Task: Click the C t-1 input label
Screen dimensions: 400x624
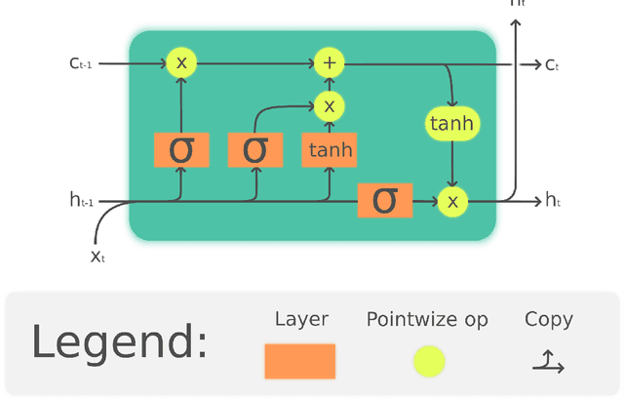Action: click(x=80, y=63)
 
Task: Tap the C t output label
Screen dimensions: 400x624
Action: click(x=552, y=64)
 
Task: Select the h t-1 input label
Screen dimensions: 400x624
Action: click(x=81, y=201)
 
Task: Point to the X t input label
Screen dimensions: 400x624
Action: click(x=97, y=256)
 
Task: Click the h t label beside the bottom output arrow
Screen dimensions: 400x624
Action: click(x=553, y=201)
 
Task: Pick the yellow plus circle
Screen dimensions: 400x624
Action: click(x=330, y=63)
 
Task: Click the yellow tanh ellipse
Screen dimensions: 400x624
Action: click(x=451, y=123)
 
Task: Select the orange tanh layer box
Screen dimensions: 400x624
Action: click(x=329, y=150)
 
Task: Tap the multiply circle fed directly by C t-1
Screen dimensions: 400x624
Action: click(x=181, y=63)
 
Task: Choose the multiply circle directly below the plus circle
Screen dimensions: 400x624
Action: click(x=330, y=105)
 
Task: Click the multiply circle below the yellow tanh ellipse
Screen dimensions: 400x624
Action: click(x=451, y=201)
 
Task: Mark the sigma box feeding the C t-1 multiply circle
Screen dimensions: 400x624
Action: click(x=181, y=149)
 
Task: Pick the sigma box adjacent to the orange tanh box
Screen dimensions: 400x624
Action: click(x=254, y=149)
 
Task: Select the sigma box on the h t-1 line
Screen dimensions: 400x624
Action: click(x=385, y=200)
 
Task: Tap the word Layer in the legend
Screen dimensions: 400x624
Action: click(x=301, y=319)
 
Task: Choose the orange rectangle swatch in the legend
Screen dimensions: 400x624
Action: click(x=300, y=361)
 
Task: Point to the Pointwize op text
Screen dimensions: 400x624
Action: click(x=427, y=319)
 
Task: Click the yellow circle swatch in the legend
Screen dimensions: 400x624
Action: click(x=428, y=361)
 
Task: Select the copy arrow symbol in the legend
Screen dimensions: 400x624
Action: click(x=548, y=363)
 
